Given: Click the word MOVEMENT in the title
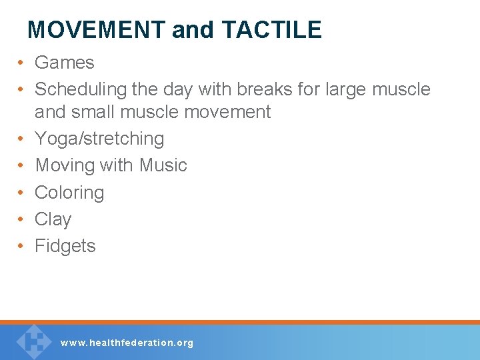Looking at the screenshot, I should [x=97, y=30].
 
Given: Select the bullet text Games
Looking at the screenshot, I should [x=65, y=63].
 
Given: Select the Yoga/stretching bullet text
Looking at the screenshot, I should [x=99, y=139].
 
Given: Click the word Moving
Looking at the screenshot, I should [x=64, y=165].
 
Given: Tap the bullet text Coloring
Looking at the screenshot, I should [x=69, y=193].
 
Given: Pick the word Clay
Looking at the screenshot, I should [x=53, y=219].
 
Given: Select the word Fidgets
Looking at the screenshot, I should [x=65, y=246].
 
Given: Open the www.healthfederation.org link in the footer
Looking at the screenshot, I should [x=127, y=343].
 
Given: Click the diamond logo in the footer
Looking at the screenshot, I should [x=34, y=341].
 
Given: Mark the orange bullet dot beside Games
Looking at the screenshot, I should [x=21, y=63].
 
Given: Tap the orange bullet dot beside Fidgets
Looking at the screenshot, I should [x=21, y=247].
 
